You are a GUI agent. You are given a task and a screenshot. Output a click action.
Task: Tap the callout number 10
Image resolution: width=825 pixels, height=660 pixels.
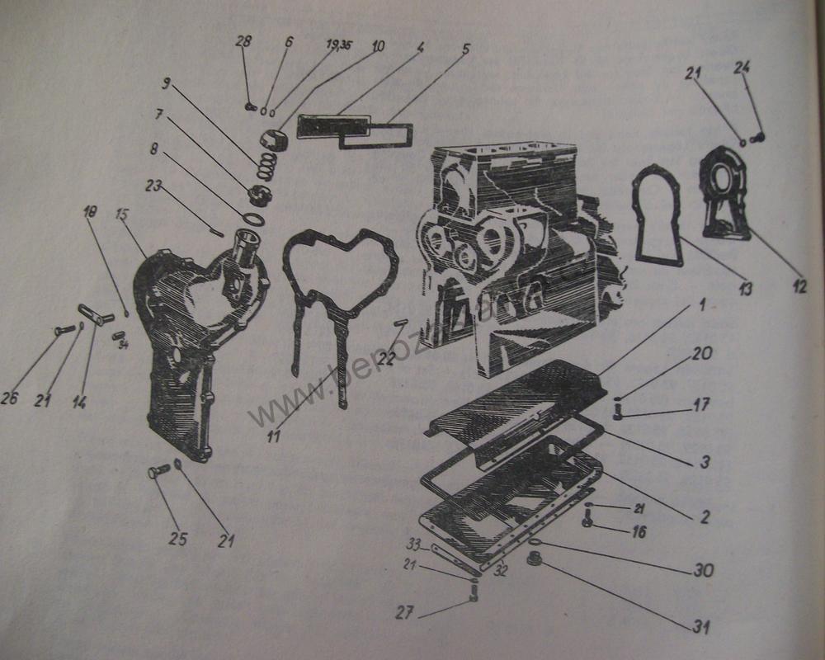click(376, 46)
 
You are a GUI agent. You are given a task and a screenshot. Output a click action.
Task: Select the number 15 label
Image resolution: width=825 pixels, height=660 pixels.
click(122, 215)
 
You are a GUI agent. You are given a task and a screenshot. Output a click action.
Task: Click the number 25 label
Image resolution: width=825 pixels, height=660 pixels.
click(178, 539)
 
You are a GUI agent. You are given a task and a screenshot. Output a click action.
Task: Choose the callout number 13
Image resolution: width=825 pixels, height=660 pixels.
click(745, 289)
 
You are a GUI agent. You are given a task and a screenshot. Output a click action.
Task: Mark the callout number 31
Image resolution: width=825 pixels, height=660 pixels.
click(700, 627)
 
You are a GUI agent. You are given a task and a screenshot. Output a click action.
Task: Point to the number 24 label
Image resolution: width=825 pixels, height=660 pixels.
click(742, 68)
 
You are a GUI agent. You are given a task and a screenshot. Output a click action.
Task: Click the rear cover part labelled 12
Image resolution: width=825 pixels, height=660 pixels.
click(724, 194)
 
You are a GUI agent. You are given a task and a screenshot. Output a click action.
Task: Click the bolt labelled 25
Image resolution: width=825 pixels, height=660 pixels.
click(157, 472)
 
